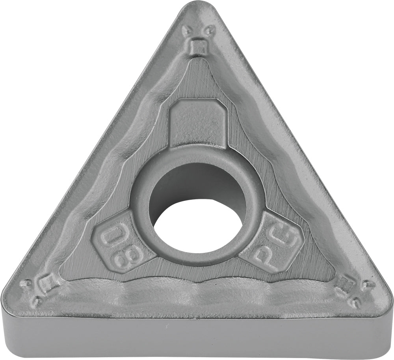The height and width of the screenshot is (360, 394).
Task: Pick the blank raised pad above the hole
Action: [x=198, y=123]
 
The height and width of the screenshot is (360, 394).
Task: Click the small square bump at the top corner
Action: [x=198, y=46]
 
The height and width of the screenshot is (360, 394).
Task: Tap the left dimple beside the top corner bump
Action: [x=186, y=31]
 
